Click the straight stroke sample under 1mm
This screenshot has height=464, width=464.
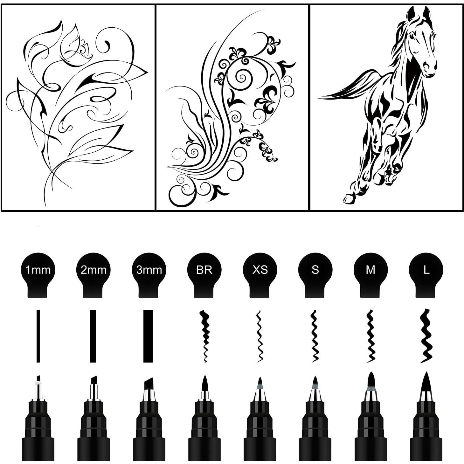[38, 336]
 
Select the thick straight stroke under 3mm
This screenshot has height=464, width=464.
[148, 336]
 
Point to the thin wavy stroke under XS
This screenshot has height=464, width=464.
[260, 336]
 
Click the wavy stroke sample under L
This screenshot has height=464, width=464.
[426, 336]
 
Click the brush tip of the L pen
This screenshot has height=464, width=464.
[426, 382]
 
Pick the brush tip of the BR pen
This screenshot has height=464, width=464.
[205, 383]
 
